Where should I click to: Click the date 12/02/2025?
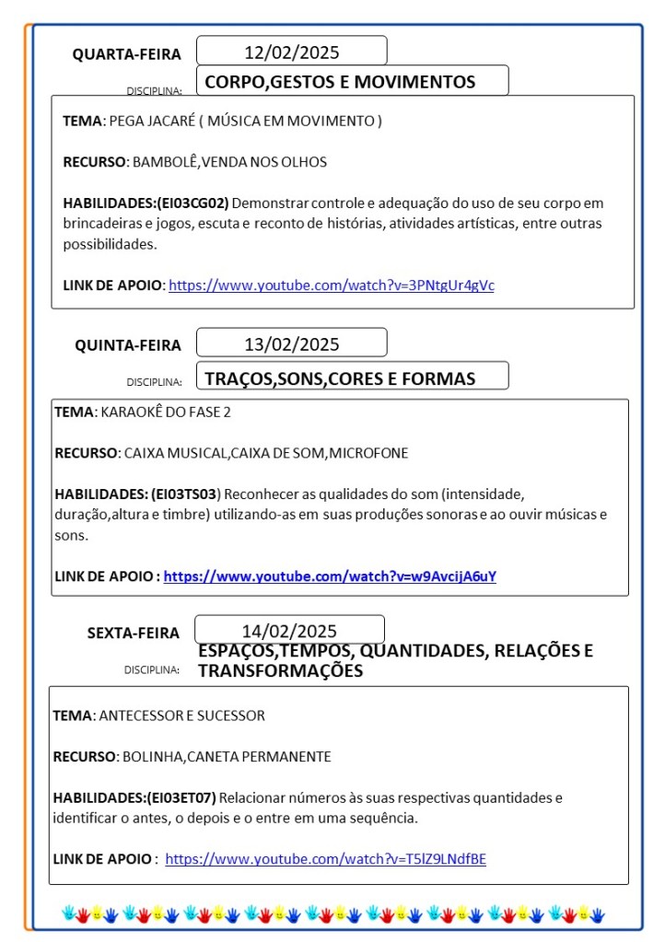[291, 52]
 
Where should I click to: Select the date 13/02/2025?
[291, 344]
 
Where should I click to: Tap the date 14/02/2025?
[289, 631]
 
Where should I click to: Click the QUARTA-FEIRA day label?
[127, 54]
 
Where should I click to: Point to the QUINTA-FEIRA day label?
[128, 345]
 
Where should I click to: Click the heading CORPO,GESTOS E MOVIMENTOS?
[340, 82]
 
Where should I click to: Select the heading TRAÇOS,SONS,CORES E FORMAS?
[340, 378]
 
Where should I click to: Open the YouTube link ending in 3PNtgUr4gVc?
[332, 285]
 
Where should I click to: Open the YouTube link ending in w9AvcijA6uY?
[330, 576]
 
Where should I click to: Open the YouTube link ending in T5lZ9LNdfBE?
[325, 859]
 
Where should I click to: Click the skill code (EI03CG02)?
[192, 203]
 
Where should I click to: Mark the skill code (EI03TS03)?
[186, 494]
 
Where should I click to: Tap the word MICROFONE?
[368, 453]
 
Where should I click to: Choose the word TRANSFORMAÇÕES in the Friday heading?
[280, 671]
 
